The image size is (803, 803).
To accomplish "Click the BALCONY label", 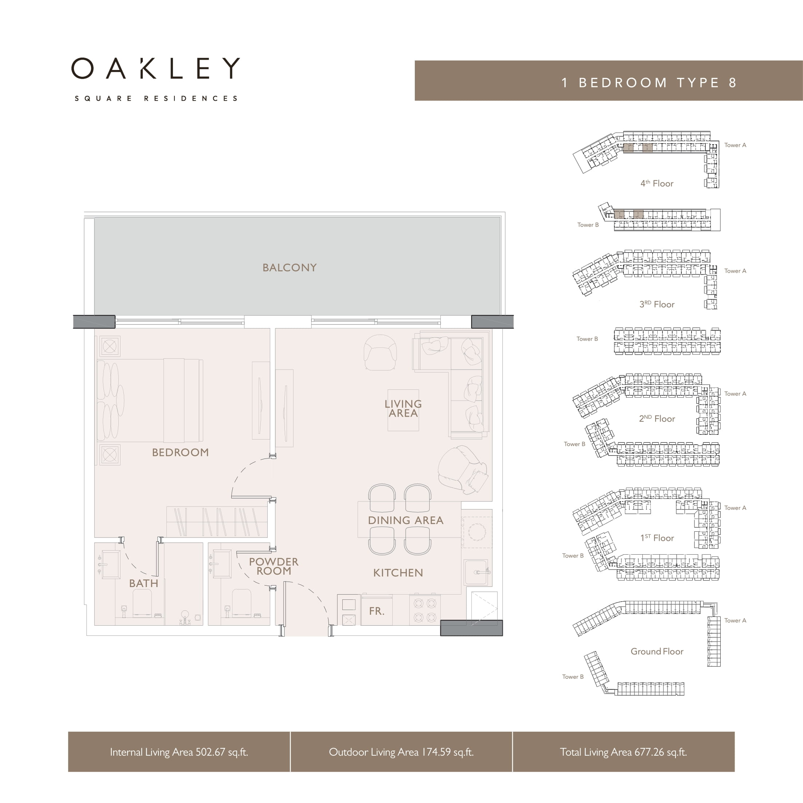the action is [289, 268].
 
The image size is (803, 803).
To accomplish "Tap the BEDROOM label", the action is [180, 453].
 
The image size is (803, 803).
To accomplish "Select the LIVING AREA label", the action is [403, 409].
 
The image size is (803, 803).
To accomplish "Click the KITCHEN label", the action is [398, 573].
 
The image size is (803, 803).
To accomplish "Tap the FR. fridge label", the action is [377, 611].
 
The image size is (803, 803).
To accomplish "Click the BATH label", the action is [144, 583].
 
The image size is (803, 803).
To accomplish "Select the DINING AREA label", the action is [406, 520].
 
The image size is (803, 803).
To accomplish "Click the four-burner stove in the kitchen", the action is [425, 610].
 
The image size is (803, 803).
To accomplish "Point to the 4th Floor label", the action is [657, 183].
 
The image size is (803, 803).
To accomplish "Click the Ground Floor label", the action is [657, 651].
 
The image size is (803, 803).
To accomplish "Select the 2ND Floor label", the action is [657, 418].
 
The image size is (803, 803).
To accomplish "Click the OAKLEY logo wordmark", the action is [156, 68].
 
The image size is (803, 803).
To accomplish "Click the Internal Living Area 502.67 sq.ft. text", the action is [179, 752].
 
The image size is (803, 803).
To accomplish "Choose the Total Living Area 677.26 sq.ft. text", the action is [623, 752].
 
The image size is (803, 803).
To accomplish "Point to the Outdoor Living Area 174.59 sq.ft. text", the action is [401, 752].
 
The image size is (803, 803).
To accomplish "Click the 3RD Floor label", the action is [657, 304].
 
